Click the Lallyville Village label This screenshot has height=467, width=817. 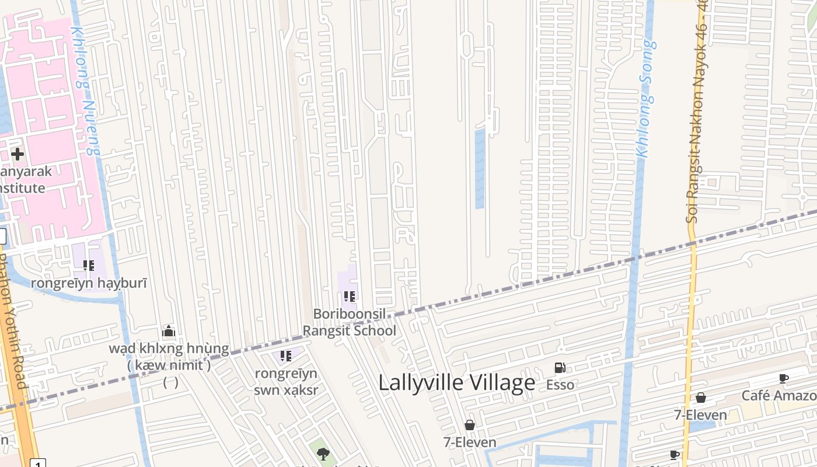pos(456,383)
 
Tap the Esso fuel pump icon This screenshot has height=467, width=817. pos(560,368)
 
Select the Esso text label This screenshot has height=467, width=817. pos(560,385)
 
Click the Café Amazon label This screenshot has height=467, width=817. pos(778,396)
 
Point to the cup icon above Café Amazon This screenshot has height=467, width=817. pos(784,379)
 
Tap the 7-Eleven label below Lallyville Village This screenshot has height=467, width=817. pos(470,442)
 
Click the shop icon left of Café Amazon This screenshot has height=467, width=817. pos(700,398)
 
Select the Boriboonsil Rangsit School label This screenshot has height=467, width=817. pos(349,322)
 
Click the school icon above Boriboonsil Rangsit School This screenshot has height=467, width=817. pos(350,297)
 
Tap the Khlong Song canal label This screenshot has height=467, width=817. pos(646,99)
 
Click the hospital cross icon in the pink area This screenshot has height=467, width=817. pos(18,154)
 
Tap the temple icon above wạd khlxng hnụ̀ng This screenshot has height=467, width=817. pos(169,332)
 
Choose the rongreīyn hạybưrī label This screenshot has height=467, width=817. pos(89,283)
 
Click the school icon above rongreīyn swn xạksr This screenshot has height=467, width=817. pos(285,356)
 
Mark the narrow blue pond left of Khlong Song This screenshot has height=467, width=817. pos(480,169)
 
